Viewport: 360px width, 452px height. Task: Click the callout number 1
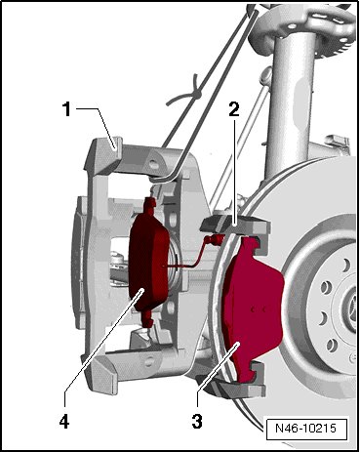66,109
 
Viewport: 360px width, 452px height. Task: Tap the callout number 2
234,109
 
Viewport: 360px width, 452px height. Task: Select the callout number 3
197,422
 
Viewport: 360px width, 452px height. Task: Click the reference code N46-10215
305,428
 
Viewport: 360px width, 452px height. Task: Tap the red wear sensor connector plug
213,240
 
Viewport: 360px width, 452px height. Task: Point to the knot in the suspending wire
196,95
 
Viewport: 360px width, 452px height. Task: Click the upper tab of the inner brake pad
149,204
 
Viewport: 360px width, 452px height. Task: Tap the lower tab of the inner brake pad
148,319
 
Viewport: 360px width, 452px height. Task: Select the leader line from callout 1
97,126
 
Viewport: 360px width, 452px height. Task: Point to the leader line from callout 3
219,365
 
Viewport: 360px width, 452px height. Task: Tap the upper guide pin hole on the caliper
153,165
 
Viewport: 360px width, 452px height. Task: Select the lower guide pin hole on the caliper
149,361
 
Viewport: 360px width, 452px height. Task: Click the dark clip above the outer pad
215,224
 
